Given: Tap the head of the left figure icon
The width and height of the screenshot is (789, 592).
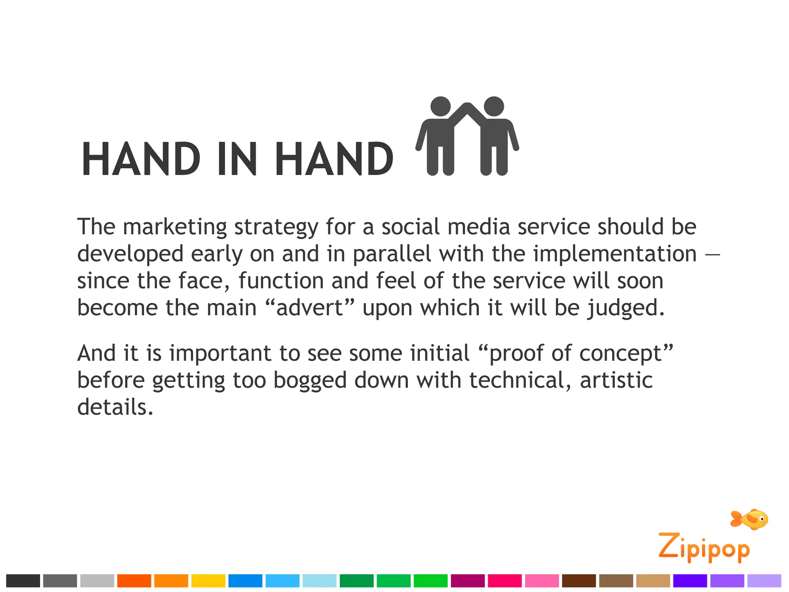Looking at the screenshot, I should pos(440,106).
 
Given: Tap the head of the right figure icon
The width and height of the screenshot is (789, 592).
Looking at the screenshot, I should pos(494,106).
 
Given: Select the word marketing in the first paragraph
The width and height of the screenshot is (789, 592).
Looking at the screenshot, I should pos(175,227).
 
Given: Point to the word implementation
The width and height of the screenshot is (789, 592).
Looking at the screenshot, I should pos(615,254).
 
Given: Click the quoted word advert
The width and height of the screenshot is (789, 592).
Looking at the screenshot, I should pos(309,308).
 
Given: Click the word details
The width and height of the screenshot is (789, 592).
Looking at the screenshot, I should pos(115,407).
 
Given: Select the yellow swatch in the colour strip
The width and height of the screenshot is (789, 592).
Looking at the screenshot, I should pos(208,580).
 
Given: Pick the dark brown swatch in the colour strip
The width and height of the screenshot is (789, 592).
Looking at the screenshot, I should pos(579,580).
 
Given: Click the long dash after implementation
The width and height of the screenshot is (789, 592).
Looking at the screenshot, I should pos(712,254).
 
